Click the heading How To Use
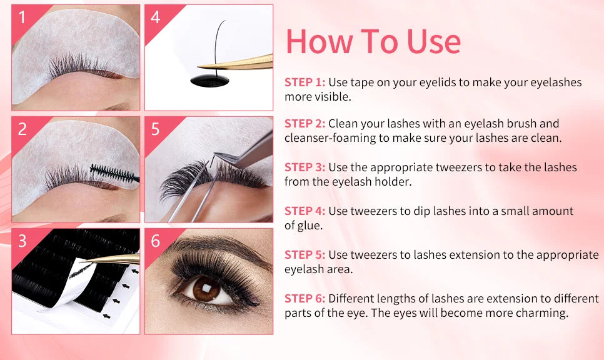click(x=373, y=41)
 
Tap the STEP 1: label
click(x=305, y=82)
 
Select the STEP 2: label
click(x=305, y=124)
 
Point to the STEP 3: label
click(x=305, y=167)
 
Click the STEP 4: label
click(x=305, y=211)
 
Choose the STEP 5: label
click(x=305, y=255)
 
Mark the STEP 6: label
click(x=305, y=298)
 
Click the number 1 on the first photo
click(x=22, y=17)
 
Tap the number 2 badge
click(x=22, y=129)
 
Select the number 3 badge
click(x=22, y=241)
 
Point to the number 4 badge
click(x=155, y=17)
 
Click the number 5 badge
click(x=155, y=129)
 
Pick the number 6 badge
click(x=155, y=241)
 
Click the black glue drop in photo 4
click(x=209, y=81)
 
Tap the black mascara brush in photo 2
click(x=115, y=174)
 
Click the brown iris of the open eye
click(x=206, y=289)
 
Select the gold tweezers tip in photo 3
click(x=86, y=261)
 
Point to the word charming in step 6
click(x=547, y=313)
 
